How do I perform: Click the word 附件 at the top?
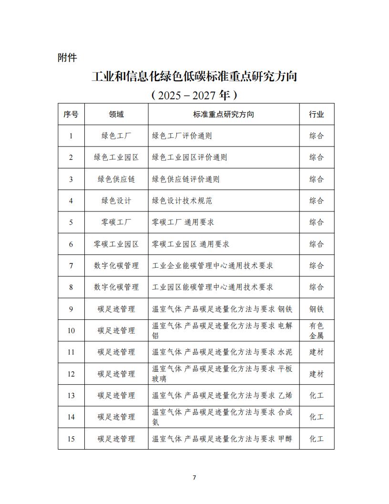click(67, 58)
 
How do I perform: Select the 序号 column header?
click(71, 115)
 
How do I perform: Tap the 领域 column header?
click(116, 115)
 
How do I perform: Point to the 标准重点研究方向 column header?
click(223, 115)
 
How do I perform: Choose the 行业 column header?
click(317, 115)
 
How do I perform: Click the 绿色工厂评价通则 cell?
click(182, 136)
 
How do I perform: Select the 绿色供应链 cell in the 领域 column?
click(116, 179)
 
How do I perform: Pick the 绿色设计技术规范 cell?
click(182, 200)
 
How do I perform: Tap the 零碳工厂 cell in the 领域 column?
click(116, 222)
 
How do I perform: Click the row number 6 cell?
click(71, 244)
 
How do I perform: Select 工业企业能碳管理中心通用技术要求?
click(212, 265)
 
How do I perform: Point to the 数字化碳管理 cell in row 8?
click(116, 287)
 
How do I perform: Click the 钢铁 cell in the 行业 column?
click(317, 309)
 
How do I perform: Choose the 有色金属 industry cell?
click(317, 330)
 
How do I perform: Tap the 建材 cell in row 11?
click(317, 352)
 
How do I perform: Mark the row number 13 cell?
click(71, 395)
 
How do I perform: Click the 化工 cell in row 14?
click(317, 417)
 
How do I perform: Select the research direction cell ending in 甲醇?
click(222, 439)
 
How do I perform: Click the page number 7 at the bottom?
click(194, 478)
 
